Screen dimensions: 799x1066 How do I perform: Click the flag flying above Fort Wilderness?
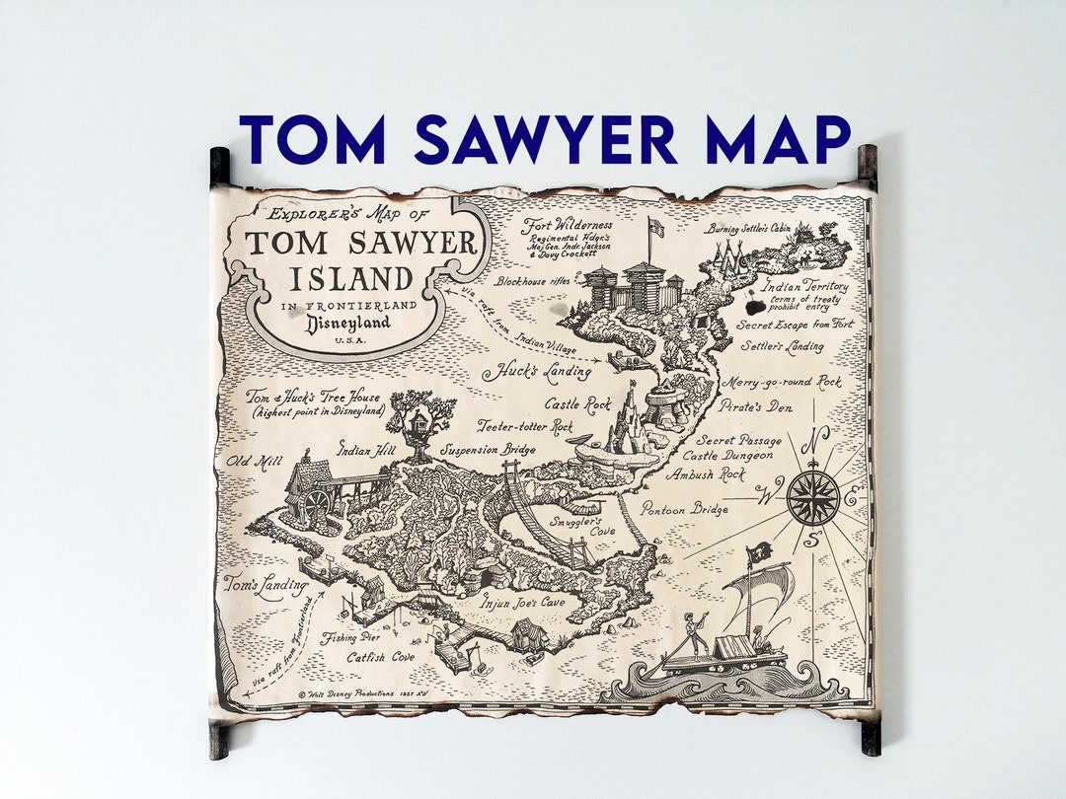click(x=655, y=228)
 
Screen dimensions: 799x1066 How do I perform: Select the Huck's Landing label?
click(x=536, y=372)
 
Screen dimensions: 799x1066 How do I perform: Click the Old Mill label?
click(x=250, y=461)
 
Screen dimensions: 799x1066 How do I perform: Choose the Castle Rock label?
click(x=577, y=404)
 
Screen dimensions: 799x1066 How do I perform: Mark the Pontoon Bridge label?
click(x=684, y=509)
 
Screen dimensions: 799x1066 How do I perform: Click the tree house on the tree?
click(x=420, y=419)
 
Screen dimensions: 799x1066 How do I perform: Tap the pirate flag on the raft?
click(x=759, y=552)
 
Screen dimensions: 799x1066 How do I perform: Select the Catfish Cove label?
click(x=380, y=656)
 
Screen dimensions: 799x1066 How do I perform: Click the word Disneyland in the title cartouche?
click(x=347, y=324)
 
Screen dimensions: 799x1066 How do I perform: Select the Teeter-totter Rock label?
click(x=524, y=427)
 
